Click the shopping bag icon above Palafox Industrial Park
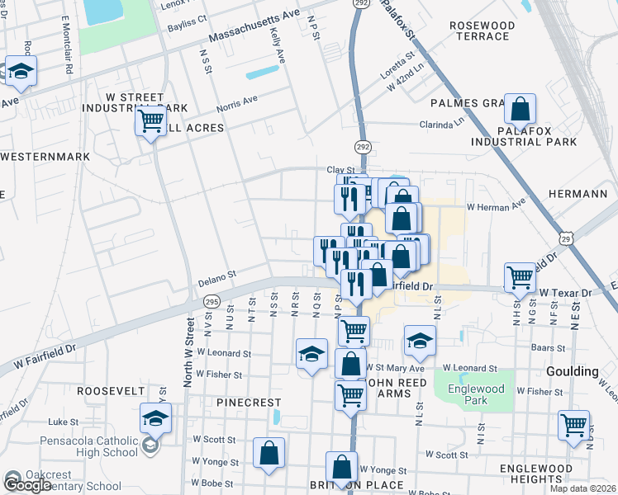point(521,109)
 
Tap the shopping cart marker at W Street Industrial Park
point(150,120)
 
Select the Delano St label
point(217,277)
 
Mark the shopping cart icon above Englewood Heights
point(573,426)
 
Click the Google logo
point(26,485)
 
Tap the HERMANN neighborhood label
point(578,193)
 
